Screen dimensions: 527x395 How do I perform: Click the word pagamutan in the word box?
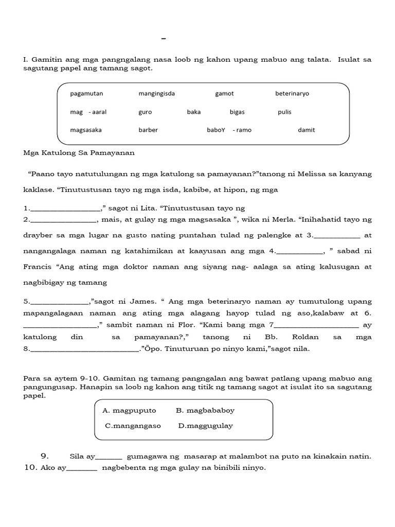click(x=86, y=94)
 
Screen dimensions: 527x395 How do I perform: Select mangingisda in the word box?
click(x=156, y=94)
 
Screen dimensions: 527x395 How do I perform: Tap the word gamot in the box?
click(x=224, y=94)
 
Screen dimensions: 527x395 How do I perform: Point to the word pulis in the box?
click(x=284, y=112)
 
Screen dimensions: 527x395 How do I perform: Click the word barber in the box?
click(x=148, y=130)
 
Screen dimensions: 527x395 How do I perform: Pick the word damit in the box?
click(x=306, y=130)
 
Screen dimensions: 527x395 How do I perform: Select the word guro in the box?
click(x=145, y=112)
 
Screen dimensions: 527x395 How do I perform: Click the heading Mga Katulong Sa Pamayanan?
click(x=79, y=152)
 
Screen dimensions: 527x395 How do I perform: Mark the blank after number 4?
click(x=300, y=253)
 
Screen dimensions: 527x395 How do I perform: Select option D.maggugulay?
click(x=206, y=426)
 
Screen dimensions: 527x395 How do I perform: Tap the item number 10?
click(x=31, y=468)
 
